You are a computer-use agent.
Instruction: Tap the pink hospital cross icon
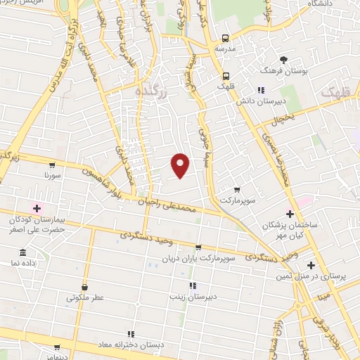tap(37, 208)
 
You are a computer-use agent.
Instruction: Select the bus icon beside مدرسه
tap(225, 38)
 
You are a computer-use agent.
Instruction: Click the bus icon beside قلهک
tap(225, 76)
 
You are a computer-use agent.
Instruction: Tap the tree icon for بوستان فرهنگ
tap(284, 60)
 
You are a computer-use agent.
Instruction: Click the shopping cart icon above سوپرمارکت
tap(236, 189)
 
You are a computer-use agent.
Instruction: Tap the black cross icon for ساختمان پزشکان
tap(290, 214)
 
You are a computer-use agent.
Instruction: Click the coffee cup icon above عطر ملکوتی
tap(85, 287)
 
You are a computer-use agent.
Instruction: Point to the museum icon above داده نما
tap(23, 252)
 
